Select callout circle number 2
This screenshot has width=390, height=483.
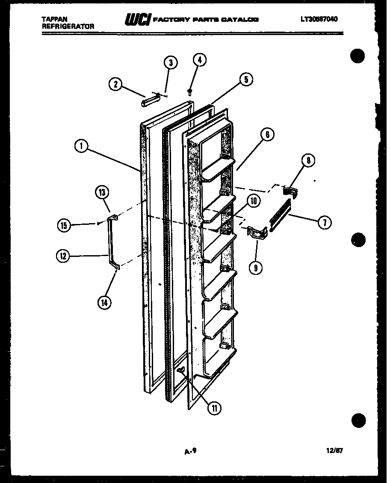tap(114, 84)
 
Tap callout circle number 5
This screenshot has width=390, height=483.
tap(246, 79)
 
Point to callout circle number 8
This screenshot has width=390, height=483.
tap(308, 160)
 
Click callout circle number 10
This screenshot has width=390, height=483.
tap(254, 201)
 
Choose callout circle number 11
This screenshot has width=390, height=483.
tap(213, 408)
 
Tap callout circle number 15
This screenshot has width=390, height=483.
tap(64, 225)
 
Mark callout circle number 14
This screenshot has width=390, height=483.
tap(104, 302)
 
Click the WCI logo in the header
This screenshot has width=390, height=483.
tap(137, 20)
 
